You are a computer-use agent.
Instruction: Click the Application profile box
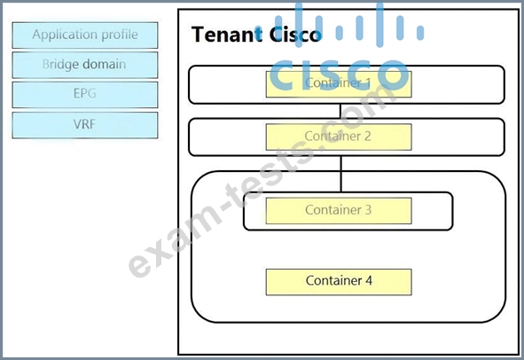point(85,35)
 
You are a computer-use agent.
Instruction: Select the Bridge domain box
point(85,65)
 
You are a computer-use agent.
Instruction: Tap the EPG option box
point(85,95)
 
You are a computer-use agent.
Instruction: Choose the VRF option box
point(85,125)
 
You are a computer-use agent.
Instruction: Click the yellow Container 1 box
point(339,84)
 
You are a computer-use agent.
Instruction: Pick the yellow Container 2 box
point(339,137)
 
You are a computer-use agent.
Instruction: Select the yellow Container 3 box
point(339,211)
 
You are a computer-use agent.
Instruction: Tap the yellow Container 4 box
point(339,282)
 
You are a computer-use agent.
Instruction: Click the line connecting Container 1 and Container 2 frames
point(340,111)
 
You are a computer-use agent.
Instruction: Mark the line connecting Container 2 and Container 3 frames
point(340,174)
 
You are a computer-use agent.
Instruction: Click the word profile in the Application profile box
point(120,35)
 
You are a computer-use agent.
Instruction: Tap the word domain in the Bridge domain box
point(105,64)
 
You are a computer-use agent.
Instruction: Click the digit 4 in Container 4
point(369,281)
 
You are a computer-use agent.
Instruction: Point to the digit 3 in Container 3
point(368,210)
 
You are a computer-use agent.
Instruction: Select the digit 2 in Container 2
point(368,136)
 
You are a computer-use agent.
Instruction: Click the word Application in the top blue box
point(65,35)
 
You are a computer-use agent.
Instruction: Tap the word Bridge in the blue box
point(61,65)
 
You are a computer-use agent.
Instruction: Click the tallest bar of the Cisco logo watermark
point(379,24)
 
